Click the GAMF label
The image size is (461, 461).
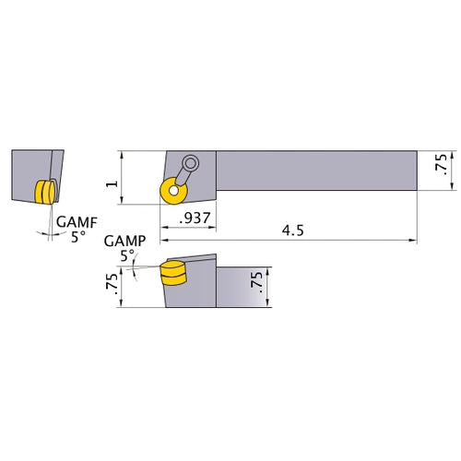(x=75, y=221)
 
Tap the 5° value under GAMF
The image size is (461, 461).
(x=77, y=236)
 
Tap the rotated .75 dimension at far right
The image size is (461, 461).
(x=443, y=164)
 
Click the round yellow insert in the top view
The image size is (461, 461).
(x=171, y=191)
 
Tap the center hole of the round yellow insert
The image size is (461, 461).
(x=171, y=191)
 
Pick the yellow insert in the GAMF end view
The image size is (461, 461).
(x=45, y=191)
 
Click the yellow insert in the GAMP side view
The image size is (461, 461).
(x=172, y=274)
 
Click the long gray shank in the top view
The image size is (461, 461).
(x=313, y=171)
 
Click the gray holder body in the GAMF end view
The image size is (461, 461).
(x=30, y=175)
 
